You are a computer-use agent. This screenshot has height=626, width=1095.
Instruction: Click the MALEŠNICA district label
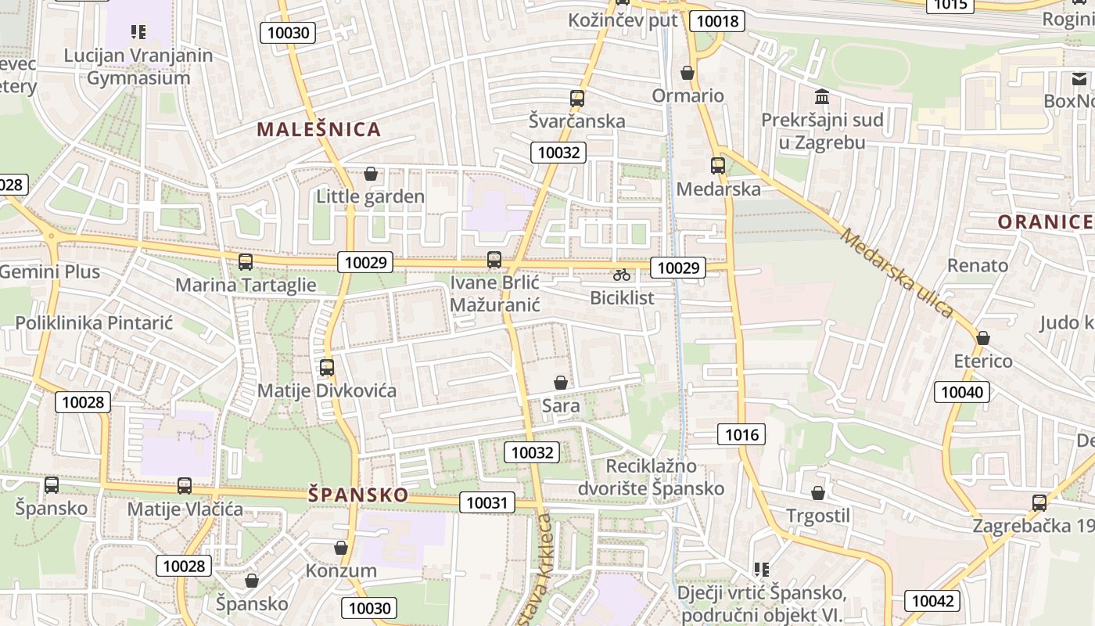[319, 129]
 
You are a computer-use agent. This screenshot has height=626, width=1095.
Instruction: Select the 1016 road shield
[741, 434]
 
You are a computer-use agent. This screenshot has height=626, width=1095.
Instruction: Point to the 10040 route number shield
[962, 391]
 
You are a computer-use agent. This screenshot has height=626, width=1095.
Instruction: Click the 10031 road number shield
[487, 502]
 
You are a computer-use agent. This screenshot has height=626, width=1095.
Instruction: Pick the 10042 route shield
[932, 600]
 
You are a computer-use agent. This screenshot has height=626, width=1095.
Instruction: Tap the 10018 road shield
[717, 21]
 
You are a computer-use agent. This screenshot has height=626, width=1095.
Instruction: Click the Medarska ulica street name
[898, 273]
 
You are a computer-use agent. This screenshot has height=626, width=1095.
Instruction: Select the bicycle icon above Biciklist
[622, 275]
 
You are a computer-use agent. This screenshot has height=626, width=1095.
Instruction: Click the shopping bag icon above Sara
[561, 383]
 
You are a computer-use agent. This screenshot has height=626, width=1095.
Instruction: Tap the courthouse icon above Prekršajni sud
[822, 97]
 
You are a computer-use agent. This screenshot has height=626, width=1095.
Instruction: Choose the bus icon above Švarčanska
[577, 99]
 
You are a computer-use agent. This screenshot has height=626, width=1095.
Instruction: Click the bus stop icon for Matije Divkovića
[327, 367]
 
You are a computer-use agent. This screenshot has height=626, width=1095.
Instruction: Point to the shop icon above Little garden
[371, 174]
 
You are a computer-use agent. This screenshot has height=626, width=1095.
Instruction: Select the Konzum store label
[341, 570]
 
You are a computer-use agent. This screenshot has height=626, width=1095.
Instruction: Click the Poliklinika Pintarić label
[94, 322]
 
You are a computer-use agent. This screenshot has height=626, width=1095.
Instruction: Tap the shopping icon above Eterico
[983, 338]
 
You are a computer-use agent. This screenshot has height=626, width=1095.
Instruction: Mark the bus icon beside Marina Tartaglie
[246, 262]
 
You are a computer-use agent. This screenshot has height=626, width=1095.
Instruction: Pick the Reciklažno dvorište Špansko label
[651, 477]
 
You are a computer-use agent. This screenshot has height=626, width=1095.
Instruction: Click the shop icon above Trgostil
[818, 493]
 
